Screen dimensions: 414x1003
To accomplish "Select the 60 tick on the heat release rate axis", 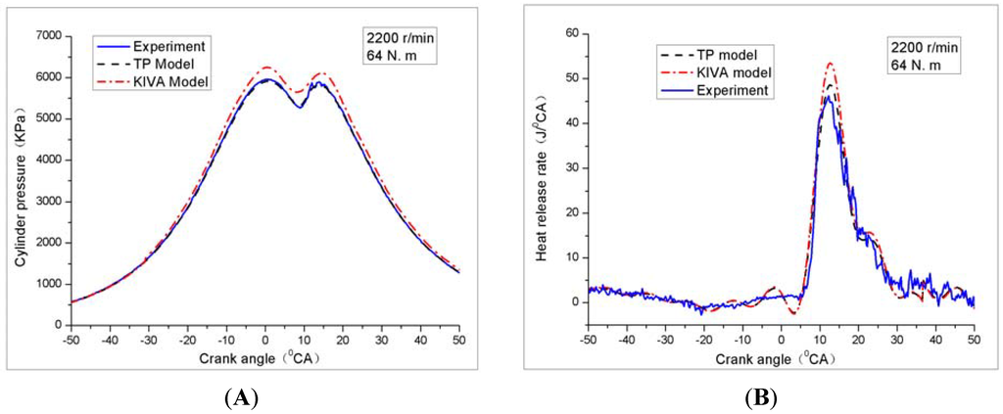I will [570, 33].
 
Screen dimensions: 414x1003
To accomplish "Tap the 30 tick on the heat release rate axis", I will [570, 167].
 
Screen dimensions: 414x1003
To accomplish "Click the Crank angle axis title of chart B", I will [780, 357].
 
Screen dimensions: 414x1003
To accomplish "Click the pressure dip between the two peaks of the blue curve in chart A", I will [300, 107].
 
